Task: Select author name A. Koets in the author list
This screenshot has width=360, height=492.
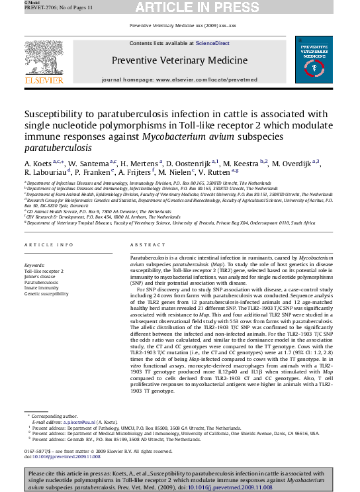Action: pos(38,163)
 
